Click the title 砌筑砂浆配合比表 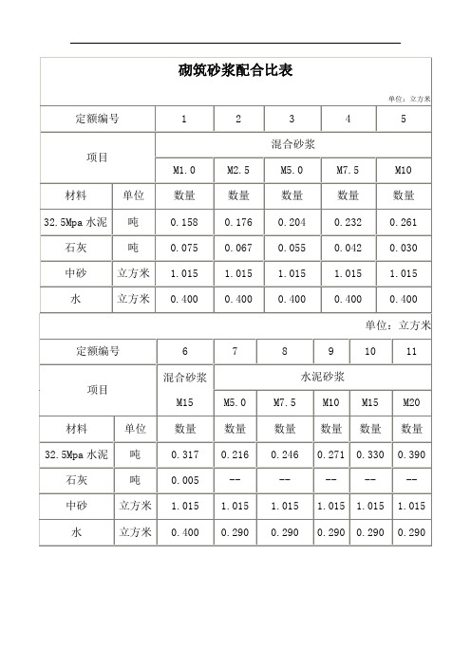pyautogui.click(x=235, y=70)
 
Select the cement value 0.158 pyautogui.click(x=184, y=222)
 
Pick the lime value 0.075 pyautogui.click(x=184, y=248)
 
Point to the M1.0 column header pyautogui.click(x=184, y=171)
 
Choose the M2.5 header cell pyautogui.click(x=238, y=171)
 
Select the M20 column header pyautogui.click(x=411, y=402)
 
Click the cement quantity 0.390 pyautogui.click(x=411, y=454)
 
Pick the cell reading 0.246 pyautogui.click(x=285, y=454)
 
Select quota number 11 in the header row pyautogui.click(x=411, y=350)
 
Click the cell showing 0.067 pyautogui.click(x=238, y=248)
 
